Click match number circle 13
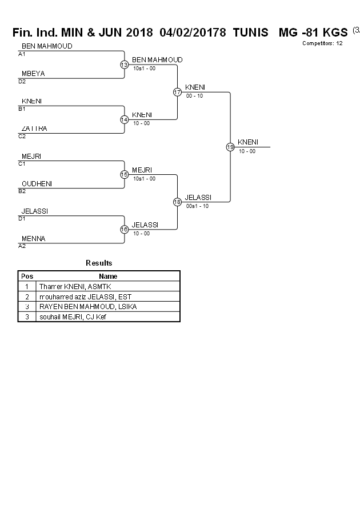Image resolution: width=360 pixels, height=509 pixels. (x=124, y=65)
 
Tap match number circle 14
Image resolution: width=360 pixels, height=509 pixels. (x=124, y=119)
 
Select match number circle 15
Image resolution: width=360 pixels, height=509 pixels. (x=124, y=174)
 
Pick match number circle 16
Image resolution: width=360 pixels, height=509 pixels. (x=124, y=229)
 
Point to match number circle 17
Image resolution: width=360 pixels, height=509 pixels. (x=177, y=92)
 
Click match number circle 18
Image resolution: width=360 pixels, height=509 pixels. (x=177, y=202)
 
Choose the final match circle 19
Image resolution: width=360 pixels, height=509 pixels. (x=230, y=147)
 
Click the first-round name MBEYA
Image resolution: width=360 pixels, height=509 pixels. (x=33, y=74)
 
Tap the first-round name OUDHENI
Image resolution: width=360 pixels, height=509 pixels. (x=37, y=183)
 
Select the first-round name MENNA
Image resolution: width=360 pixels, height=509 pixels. (x=33, y=238)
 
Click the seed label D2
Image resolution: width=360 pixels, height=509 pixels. (x=22, y=82)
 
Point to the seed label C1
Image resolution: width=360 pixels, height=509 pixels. (x=22, y=164)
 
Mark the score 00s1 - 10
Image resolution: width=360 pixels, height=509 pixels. (x=198, y=206)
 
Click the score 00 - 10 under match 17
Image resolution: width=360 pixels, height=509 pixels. (x=194, y=96)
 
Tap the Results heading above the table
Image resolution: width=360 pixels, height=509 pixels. (x=99, y=263)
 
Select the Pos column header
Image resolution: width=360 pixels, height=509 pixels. (x=27, y=276)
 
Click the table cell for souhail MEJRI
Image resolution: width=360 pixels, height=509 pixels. (x=73, y=317)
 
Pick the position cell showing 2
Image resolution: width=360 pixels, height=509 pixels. (x=27, y=296)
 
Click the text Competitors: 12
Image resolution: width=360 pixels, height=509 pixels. (x=322, y=43)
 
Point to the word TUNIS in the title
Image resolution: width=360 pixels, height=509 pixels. (x=250, y=33)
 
